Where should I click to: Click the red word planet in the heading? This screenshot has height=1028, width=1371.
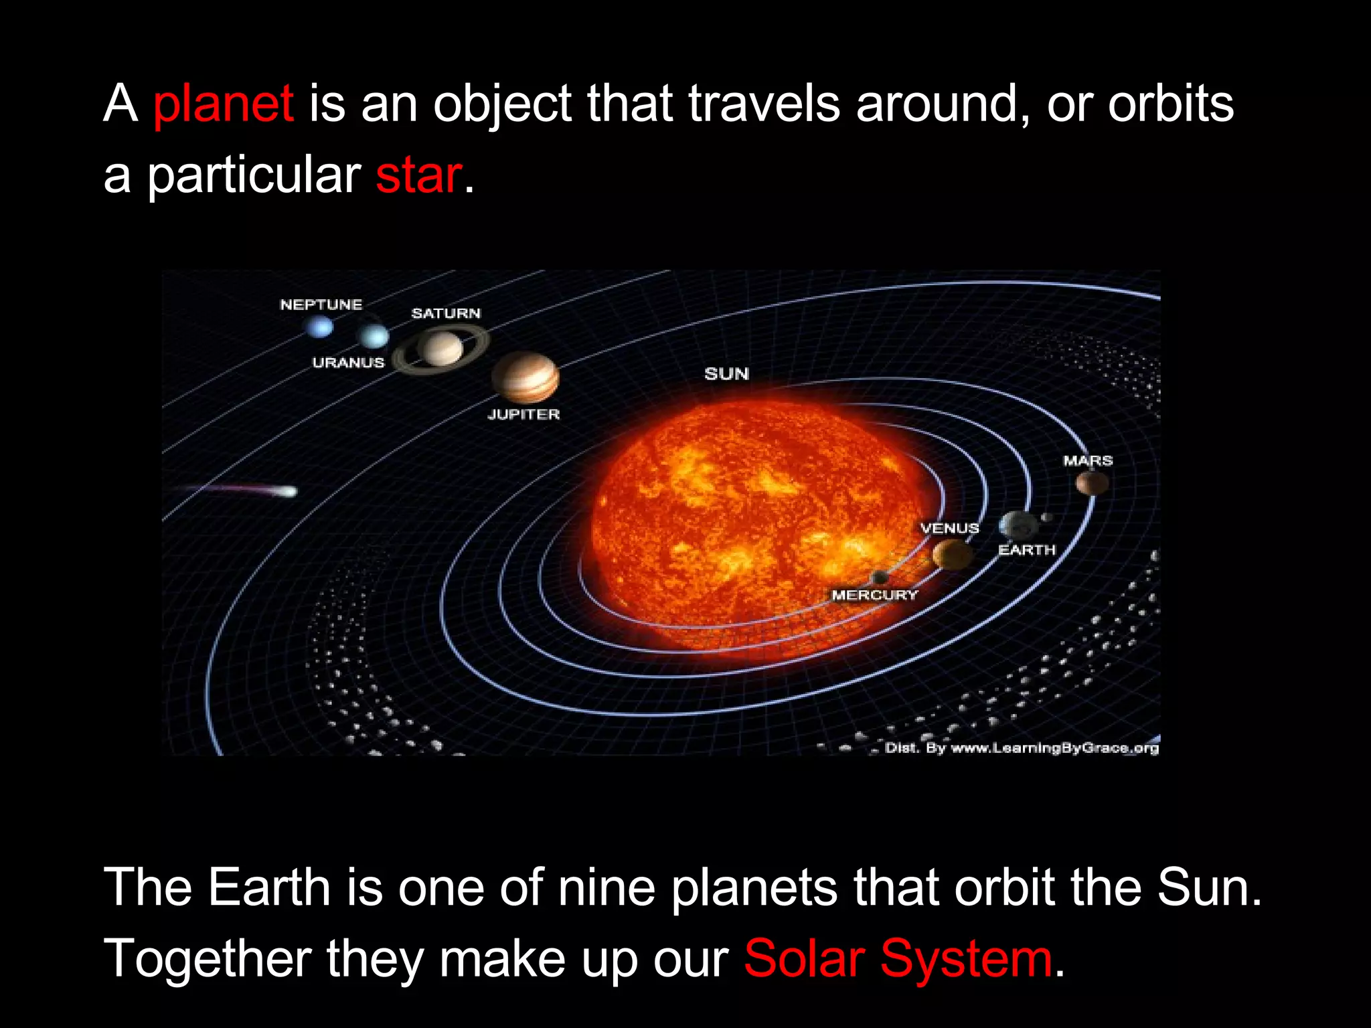[223, 105]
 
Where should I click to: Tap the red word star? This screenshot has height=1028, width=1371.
[418, 175]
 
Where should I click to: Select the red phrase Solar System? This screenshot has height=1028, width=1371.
[898, 958]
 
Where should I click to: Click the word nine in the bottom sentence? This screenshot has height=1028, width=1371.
[607, 887]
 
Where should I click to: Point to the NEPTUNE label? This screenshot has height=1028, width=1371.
[321, 305]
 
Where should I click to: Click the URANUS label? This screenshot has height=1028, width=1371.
[348, 363]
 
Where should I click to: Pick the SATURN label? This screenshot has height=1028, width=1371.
[446, 313]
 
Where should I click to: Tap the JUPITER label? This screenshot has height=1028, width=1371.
[523, 414]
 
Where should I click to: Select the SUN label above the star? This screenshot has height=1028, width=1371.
[726, 373]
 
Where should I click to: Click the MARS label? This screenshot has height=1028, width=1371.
[1088, 460]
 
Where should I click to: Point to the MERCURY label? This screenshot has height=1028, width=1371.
[874, 595]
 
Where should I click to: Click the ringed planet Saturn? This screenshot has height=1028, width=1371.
[440, 349]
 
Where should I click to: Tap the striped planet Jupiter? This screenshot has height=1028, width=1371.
[526, 377]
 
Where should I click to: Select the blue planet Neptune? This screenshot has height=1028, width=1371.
[319, 327]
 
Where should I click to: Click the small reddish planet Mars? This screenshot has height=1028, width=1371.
[1092, 483]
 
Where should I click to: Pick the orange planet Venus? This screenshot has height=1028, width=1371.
[952, 554]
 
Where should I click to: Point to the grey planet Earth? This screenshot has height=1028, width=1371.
[1018, 525]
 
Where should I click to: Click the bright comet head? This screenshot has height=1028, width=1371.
[289, 492]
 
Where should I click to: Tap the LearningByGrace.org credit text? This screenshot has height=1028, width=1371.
[1022, 748]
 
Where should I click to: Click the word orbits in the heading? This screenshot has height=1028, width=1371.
[1170, 105]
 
